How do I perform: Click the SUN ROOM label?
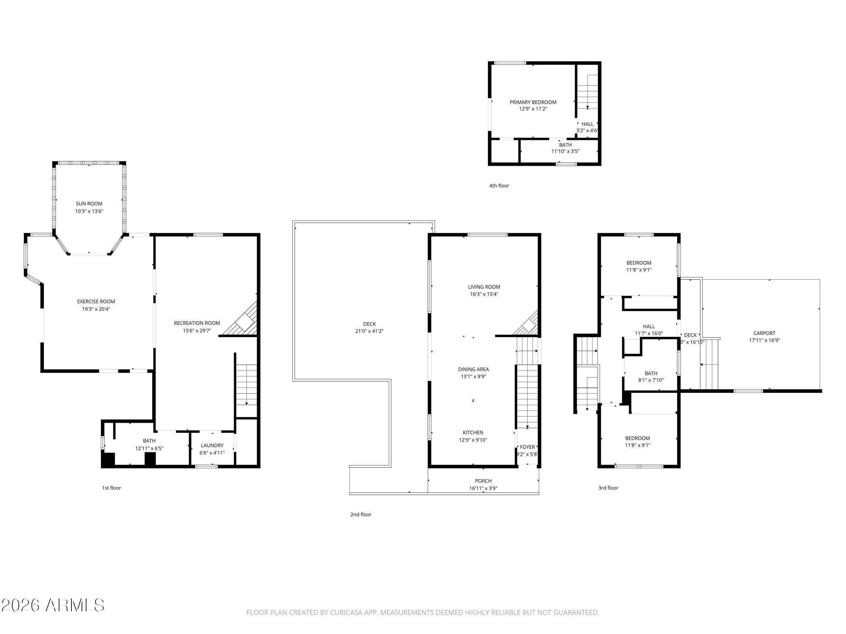point(89,204)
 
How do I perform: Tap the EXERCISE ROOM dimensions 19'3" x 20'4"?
point(96,309)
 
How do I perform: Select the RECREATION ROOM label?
point(197,323)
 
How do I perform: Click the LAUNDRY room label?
point(212,446)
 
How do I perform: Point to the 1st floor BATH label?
point(149,441)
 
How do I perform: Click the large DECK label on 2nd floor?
point(369,324)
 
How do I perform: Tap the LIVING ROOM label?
point(484,287)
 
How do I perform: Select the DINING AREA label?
point(473,370)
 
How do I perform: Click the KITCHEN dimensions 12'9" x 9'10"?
point(473,440)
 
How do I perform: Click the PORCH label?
point(483,481)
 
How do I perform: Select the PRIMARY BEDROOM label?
point(533,102)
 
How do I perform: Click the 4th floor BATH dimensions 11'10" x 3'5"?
point(565,151)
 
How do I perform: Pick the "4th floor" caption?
point(499,186)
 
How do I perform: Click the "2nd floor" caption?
point(361,514)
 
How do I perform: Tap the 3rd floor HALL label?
point(649,326)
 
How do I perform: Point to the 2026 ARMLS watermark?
point(52,605)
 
